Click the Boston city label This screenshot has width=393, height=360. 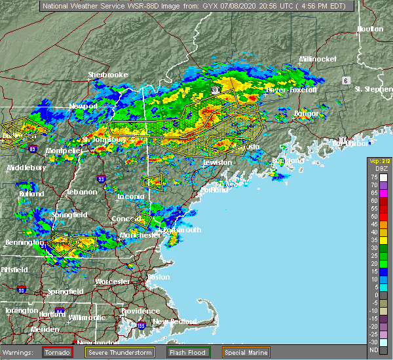tap(159, 277)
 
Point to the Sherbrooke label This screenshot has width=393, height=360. tap(108, 75)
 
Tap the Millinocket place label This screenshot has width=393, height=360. tap(318, 59)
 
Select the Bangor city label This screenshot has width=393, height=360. tap(306, 113)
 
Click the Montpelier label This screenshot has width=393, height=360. tap(64, 150)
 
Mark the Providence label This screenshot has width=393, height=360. tap(140, 311)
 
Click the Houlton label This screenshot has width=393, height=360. tap(370, 29)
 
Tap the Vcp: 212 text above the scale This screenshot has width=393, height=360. tap(378, 161)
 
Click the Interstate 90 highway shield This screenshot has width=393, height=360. tap(22, 289)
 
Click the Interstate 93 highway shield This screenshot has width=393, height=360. tap(101, 178)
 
